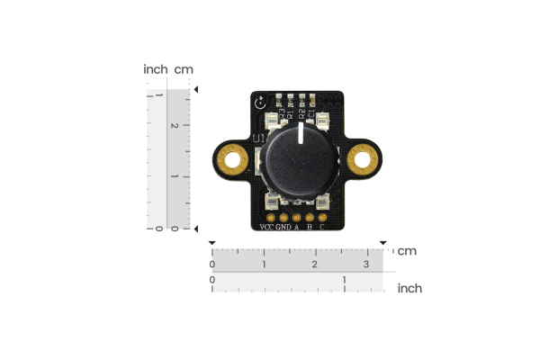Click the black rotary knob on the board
299,161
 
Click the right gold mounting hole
364,161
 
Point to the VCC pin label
266,227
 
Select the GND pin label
283,227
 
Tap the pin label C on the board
321,227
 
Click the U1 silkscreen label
259,139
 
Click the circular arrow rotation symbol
261,103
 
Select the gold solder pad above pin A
296,216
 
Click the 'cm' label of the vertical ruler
184,69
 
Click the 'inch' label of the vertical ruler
155,69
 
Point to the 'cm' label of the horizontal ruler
407,250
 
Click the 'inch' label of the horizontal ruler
409,288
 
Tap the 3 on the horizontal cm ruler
365,265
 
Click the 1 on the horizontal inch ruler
345,281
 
